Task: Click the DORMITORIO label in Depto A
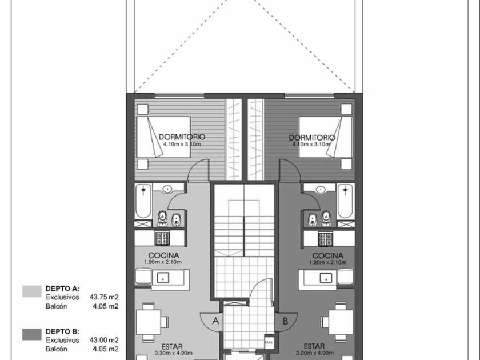coord(182,137)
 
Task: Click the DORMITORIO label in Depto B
coord(312,138)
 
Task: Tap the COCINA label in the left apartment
coord(163,255)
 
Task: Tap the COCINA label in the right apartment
coord(328,255)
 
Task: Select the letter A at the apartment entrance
coord(215,321)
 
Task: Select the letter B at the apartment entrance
coord(285,321)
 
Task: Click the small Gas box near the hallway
coord(269,342)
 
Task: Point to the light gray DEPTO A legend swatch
coord(32,291)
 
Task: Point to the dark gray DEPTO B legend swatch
coord(32,334)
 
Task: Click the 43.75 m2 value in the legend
coord(104,297)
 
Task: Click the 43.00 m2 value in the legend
coord(104,340)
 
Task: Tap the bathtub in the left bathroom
coord(143,201)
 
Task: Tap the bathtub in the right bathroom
coord(345,201)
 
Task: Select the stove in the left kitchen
coord(162,238)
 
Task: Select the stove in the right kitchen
coord(326,238)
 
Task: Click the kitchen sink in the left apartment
coord(163,278)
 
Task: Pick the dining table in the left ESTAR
coord(149,322)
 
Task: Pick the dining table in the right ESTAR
coord(341,322)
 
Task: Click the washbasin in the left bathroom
coord(167,189)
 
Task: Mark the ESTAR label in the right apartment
coord(314,346)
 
